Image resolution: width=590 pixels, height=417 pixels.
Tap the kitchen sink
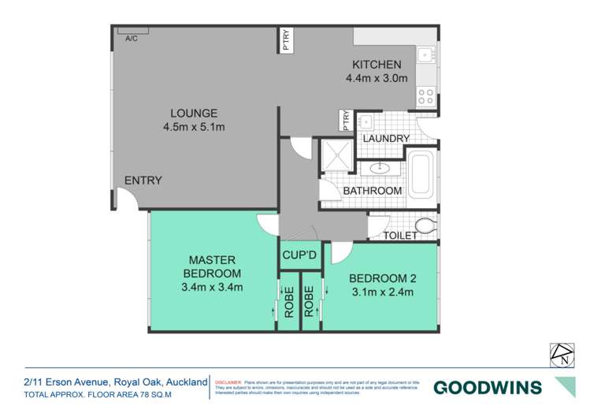425,55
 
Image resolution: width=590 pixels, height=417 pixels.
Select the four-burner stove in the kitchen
425,96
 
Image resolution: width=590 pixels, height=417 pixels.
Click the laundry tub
365,122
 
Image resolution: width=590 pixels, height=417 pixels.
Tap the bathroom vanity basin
380,167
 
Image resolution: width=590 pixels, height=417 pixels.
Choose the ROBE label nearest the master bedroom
288,300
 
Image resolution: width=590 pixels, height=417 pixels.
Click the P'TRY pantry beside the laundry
345,120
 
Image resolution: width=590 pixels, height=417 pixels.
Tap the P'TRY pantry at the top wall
286,39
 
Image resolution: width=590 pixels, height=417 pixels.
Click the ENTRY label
143,181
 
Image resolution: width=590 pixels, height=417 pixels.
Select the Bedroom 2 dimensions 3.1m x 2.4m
381,292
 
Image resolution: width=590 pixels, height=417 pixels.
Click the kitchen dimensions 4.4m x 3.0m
377,78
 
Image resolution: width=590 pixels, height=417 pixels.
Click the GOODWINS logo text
488,387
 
